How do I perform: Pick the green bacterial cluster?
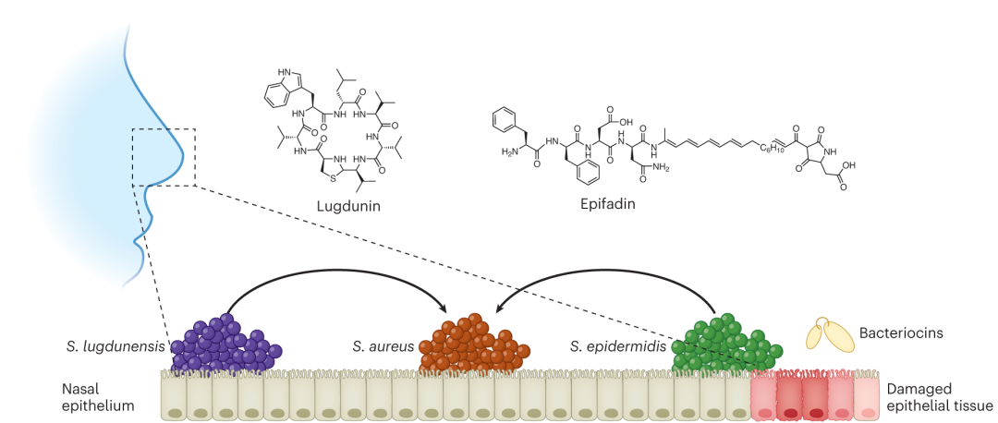[x=727, y=344]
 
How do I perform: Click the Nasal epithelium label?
[x=101, y=396]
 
